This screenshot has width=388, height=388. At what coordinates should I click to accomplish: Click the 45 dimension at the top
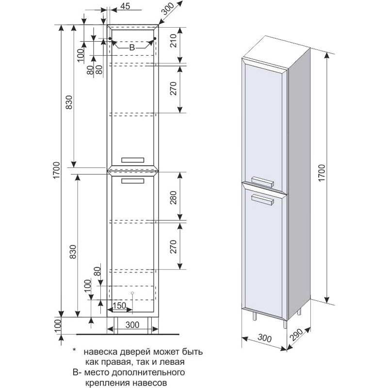click(124, 6)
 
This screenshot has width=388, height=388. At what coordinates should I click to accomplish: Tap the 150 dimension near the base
click(120, 306)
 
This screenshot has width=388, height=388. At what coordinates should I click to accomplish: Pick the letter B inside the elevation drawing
click(131, 48)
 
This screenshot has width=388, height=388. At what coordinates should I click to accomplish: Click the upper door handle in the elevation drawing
click(132, 160)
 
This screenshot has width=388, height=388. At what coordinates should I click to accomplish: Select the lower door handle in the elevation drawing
click(133, 181)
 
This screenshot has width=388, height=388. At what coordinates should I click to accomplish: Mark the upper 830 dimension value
click(69, 103)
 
